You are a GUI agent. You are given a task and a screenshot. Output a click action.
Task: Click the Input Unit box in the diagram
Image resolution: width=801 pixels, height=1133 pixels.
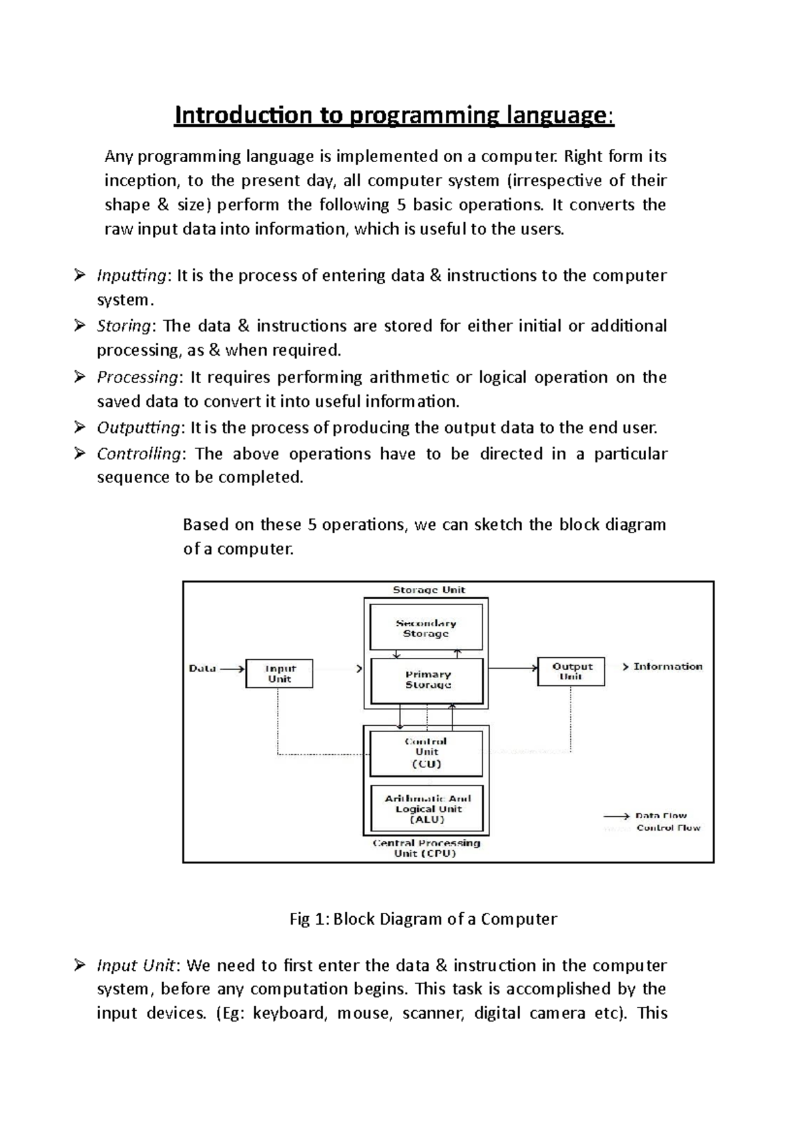click(x=279, y=673)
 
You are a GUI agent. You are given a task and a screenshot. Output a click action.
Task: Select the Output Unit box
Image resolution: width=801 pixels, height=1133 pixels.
click(x=571, y=671)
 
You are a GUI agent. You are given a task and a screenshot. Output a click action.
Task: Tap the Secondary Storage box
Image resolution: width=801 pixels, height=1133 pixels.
click(x=426, y=628)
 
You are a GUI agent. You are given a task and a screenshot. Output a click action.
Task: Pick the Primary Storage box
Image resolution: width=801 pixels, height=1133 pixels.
click(x=427, y=680)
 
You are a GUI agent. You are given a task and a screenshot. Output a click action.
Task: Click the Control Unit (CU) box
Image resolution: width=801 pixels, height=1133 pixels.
click(x=426, y=753)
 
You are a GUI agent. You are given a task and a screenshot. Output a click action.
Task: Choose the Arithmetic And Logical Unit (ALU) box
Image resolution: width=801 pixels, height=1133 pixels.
click(x=426, y=808)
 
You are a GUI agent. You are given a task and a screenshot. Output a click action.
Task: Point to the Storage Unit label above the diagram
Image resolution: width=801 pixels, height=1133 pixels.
click(x=429, y=590)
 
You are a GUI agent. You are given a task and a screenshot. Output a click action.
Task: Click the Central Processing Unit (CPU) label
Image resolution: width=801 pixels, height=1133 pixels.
click(x=426, y=848)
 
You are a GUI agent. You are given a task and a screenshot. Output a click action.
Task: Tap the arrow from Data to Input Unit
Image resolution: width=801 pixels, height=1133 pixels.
click(x=232, y=668)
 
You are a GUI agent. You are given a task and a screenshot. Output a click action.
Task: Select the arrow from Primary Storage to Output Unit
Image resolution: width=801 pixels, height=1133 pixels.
click(x=513, y=667)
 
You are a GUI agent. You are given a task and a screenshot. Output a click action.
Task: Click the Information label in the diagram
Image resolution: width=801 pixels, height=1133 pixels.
click(x=667, y=667)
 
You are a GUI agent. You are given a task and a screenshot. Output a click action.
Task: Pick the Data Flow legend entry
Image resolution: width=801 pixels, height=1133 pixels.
click(x=652, y=815)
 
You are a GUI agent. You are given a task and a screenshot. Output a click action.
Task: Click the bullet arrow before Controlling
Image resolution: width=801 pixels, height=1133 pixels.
click(x=80, y=454)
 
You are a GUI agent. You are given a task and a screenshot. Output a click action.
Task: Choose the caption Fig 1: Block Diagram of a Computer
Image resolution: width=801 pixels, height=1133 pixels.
click(x=423, y=919)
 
